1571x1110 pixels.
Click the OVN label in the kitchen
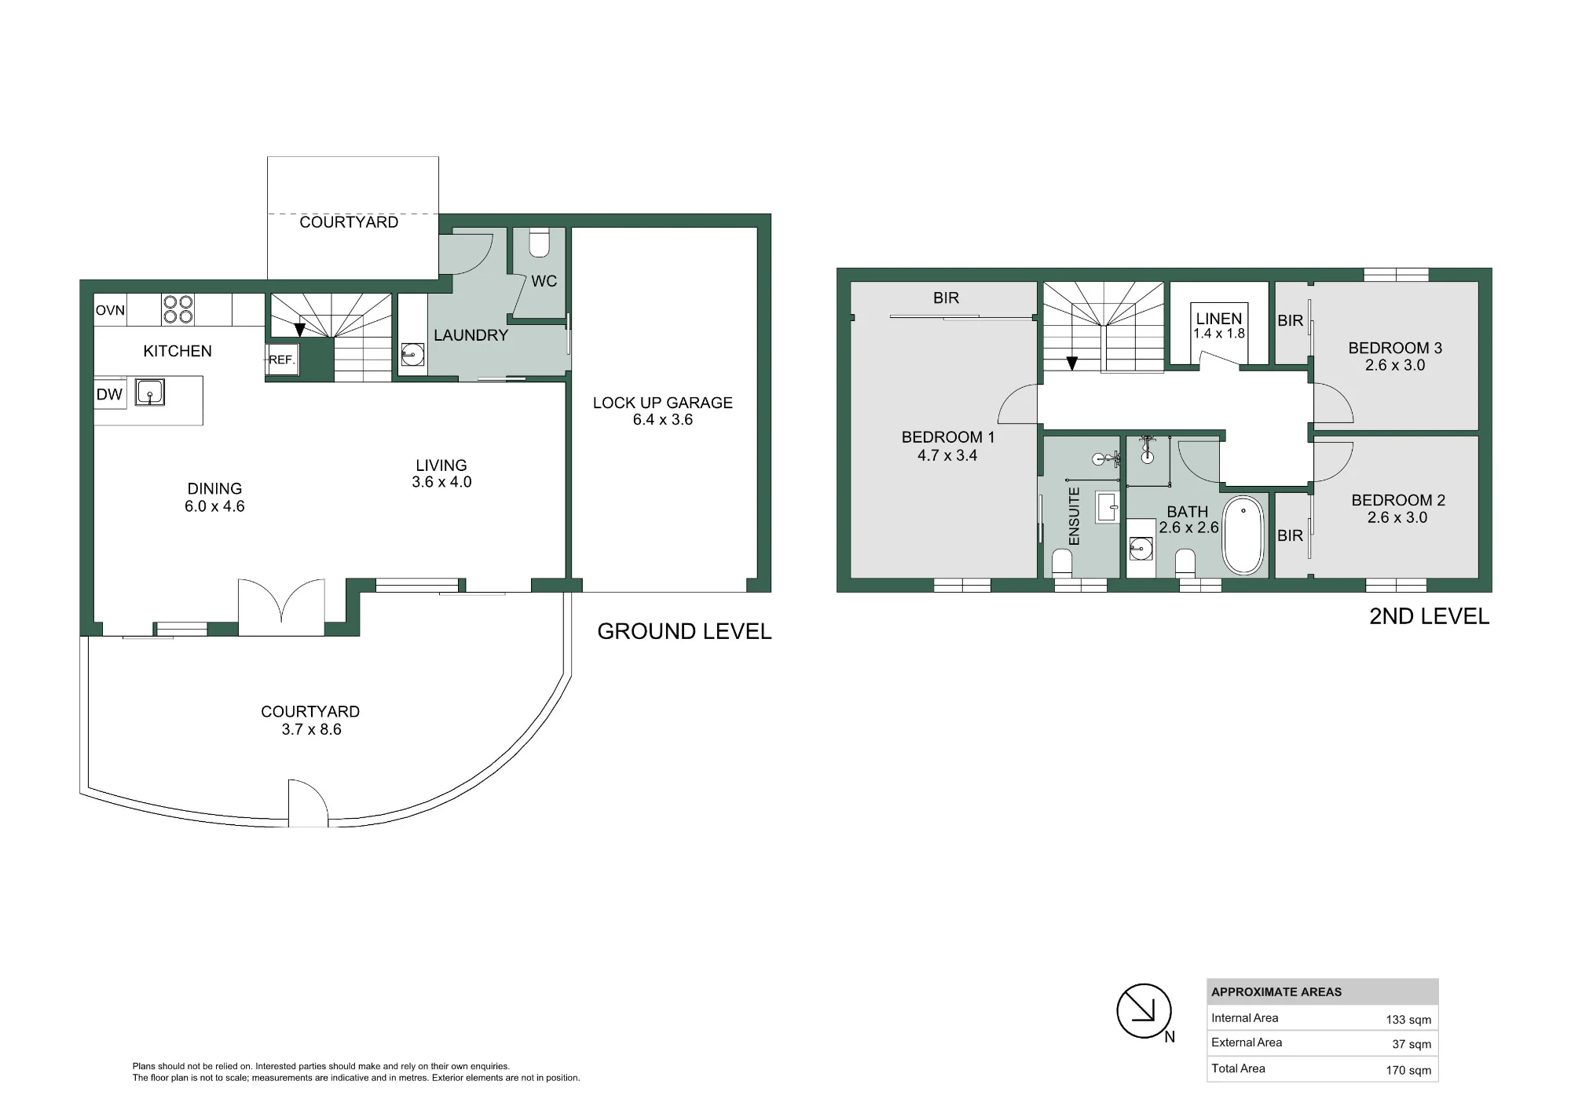click(110, 310)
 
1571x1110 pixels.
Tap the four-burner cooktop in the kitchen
click(178, 309)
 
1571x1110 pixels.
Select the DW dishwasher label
click(109, 394)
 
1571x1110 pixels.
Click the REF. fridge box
click(281, 360)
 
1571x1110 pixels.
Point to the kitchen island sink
click(149, 392)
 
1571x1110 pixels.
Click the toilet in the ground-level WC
click(539, 243)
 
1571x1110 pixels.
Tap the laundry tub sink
click(412, 355)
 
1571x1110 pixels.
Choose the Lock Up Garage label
click(662, 403)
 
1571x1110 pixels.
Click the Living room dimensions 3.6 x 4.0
click(441, 482)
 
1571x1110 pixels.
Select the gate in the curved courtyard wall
click(308, 802)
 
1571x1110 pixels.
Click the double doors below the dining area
click(281, 607)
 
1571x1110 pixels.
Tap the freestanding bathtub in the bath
click(1244, 535)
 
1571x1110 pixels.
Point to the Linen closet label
click(1219, 319)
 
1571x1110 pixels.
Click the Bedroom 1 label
click(948, 437)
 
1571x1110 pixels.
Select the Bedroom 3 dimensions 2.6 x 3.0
click(1395, 365)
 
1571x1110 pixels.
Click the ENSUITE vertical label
click(1075, 516)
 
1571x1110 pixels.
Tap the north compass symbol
click(1144, 1011)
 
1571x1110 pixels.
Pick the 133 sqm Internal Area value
click(1408, 1020)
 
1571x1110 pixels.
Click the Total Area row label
click(1238, 1068)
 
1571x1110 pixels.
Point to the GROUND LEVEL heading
click(684, 631)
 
